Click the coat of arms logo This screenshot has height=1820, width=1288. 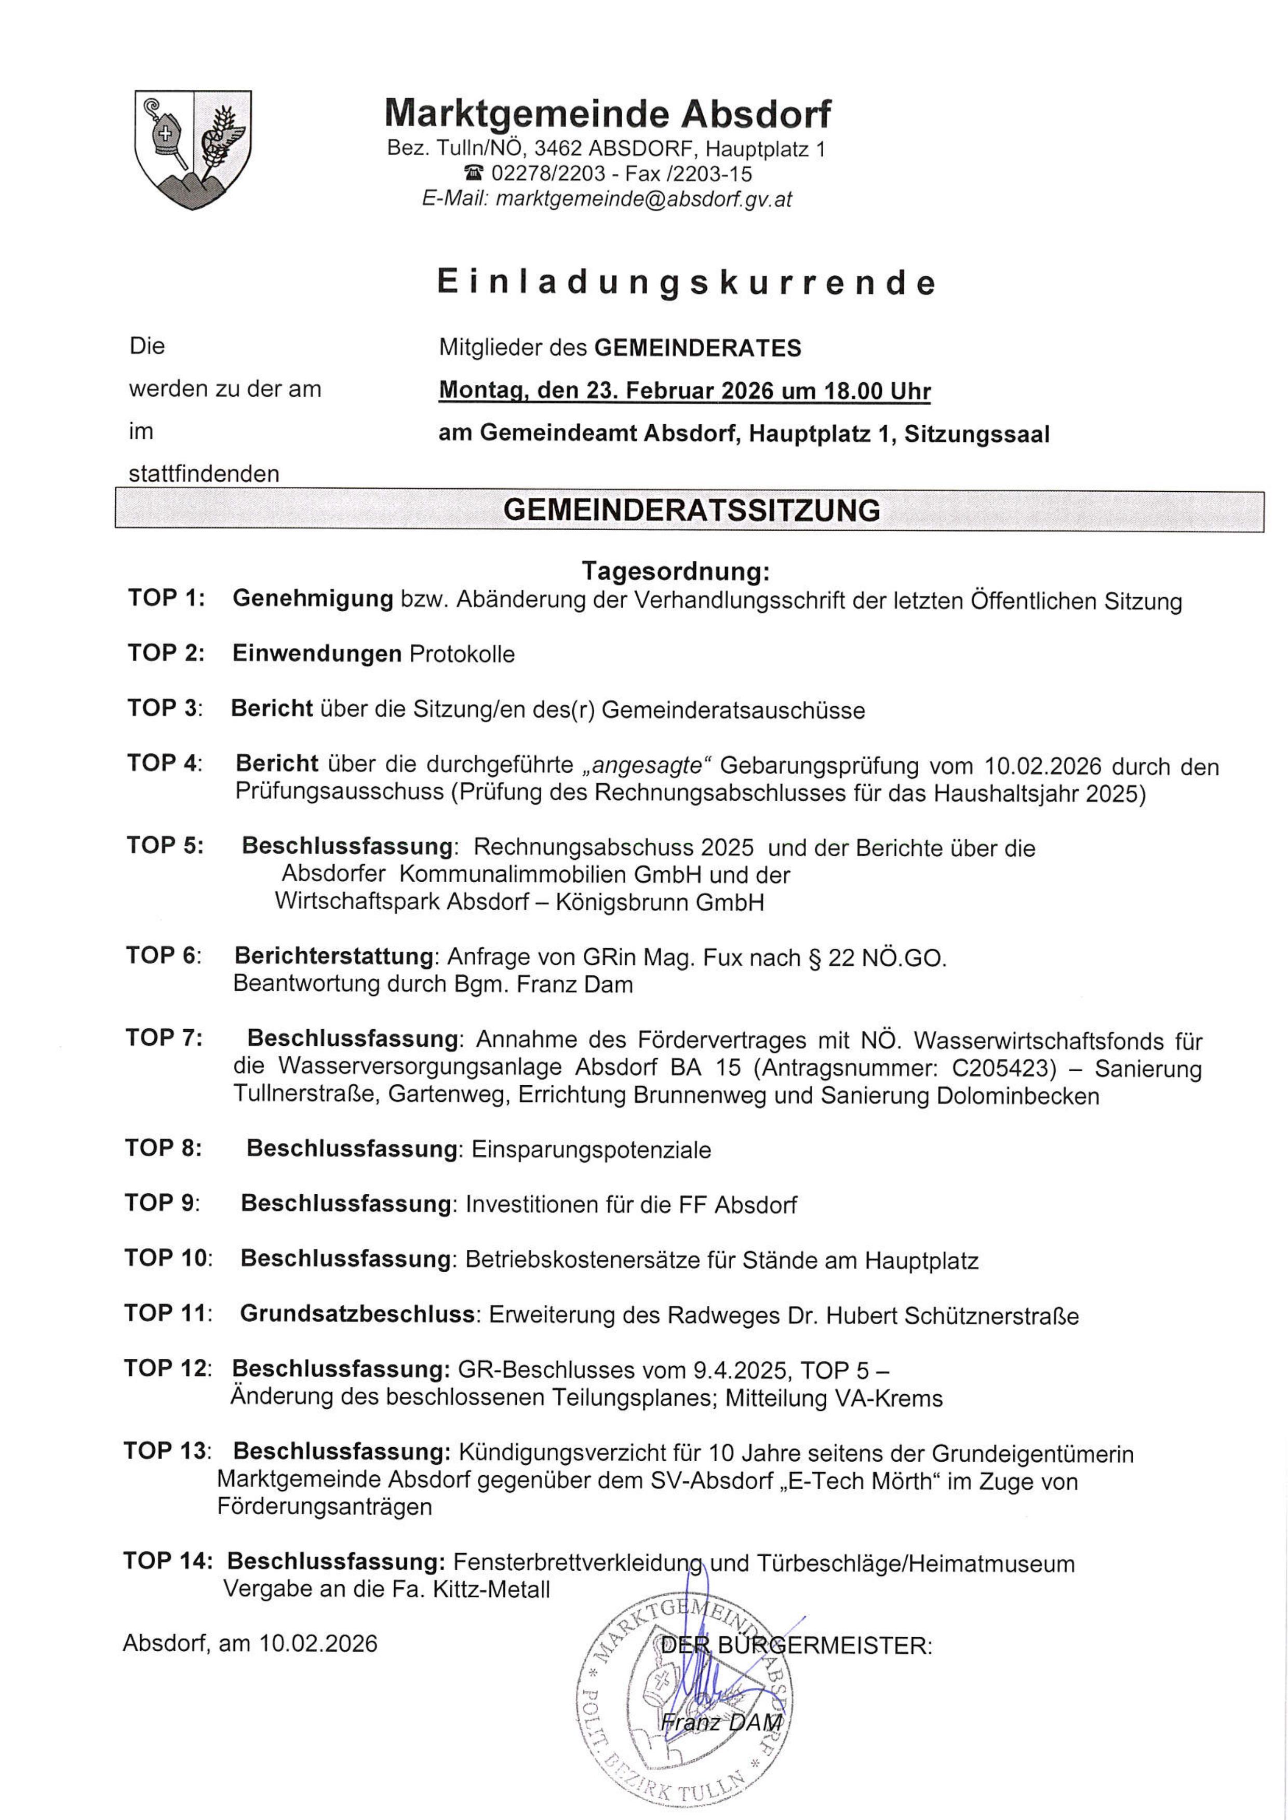tap(193, 149)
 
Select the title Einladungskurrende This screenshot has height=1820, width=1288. tap(687, 283)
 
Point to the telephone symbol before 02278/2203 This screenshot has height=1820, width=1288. tap(474, 173)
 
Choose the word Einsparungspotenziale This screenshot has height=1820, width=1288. tap(591, 1149)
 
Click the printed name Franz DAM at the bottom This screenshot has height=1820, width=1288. tap(721, 1722)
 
